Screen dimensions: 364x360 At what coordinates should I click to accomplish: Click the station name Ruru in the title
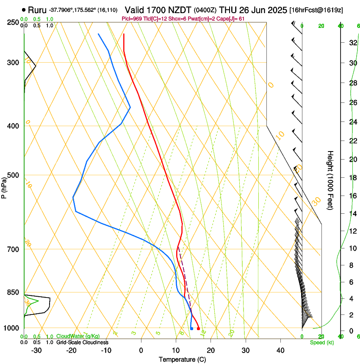point(37,10)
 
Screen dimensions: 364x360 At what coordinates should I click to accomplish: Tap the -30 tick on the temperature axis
point(36,350)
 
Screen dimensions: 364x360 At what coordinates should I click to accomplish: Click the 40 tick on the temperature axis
point(280,350)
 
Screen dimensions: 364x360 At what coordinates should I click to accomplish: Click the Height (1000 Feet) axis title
point(331,180)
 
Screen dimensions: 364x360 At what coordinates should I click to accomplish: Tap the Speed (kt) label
point(321,342)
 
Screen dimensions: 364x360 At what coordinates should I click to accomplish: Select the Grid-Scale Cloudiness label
point(82,342)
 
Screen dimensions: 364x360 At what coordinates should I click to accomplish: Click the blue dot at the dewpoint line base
point(191,328)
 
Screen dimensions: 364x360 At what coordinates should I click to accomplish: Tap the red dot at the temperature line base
point(198,328)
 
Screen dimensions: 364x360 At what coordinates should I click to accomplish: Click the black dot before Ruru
point(24,10)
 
